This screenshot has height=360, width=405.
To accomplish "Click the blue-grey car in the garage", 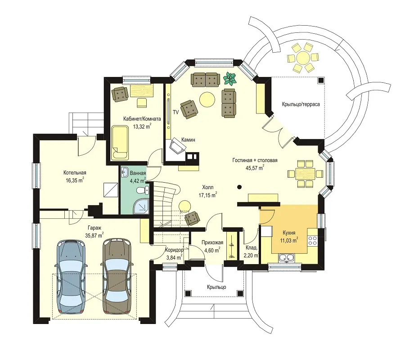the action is [71, 277].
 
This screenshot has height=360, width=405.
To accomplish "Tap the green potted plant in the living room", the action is [230, 78].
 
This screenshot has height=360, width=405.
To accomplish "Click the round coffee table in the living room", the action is [207, 99].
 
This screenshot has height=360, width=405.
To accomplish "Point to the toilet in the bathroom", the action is [142, 190].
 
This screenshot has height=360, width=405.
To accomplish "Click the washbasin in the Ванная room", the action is [125, 172].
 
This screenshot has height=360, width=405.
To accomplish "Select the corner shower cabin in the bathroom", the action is [142, 206].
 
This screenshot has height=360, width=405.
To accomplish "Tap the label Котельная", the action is [75, 172].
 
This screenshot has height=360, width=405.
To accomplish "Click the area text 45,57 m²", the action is [255, 168].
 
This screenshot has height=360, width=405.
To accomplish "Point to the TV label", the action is [176, 112].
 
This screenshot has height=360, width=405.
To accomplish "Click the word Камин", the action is [188, 139].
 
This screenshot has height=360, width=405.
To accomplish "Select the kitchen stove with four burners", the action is [313, 241].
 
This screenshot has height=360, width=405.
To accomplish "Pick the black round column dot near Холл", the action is [239, 187].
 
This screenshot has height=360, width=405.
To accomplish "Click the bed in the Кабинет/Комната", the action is [120, 142].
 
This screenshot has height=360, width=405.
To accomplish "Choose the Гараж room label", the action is [94, 228].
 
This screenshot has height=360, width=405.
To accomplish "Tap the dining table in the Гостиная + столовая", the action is [305, 174].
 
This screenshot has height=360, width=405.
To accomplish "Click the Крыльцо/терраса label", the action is [301, 104].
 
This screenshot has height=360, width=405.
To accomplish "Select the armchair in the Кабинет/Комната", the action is [120, 94].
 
